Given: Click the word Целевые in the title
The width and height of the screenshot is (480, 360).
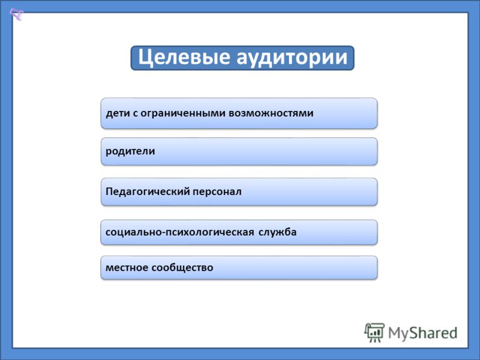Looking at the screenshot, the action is point(184,58).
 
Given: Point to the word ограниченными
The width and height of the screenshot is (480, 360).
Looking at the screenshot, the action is point(183,113).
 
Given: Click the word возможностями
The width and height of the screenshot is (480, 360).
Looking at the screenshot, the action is point(271,113).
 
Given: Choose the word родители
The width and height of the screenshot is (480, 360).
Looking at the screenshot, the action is point(130,151).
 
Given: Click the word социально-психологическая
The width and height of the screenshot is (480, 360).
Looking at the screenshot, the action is point(179,232).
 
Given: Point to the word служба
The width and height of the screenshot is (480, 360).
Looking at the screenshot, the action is point(278,232).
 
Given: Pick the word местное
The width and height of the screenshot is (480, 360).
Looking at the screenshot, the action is point(127,268).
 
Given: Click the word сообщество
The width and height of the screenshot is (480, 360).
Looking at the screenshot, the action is point(182,267).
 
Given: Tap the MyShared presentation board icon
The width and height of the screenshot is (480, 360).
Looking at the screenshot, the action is point(374,332).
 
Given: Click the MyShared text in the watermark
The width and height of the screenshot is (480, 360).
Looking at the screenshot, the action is point(423,333).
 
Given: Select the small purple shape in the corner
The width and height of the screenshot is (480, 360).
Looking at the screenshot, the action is point(16,14).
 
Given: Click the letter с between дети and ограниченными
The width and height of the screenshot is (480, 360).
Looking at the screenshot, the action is point(135,114).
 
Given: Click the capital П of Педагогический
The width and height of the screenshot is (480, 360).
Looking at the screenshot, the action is point(109,191).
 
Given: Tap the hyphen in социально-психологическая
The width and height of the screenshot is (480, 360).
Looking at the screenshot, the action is point(164,233).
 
